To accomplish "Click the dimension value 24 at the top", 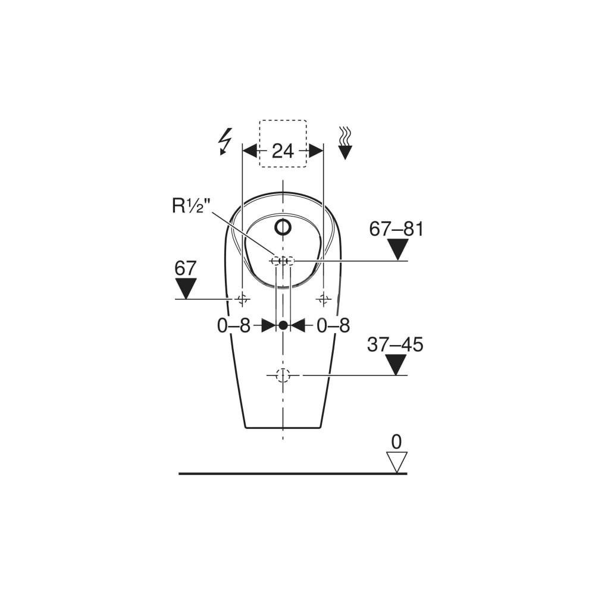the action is (283, 151).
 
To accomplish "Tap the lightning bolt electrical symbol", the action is (225, 142).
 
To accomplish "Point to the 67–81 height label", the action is (396, 229).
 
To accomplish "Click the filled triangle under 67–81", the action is (397, 249).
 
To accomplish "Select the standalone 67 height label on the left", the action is (185, 268).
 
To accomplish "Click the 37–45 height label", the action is (395, 345).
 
